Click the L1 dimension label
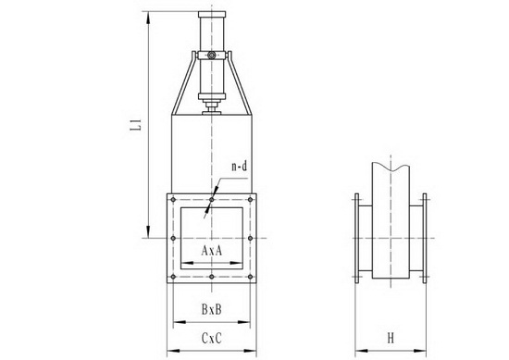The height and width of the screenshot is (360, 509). pos(136,125)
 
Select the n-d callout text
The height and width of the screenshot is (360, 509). pos(240,167)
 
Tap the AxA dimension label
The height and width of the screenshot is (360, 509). pos(212,250)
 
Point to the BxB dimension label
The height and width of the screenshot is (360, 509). pos(212,309)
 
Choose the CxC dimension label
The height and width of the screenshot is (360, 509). pos(212,339)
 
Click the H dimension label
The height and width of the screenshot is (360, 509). pos(391,339)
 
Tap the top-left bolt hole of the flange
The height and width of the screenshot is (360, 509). pos(173,200)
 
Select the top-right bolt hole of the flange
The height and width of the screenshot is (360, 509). pos(250,200)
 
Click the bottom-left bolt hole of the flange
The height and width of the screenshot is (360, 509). pos(173,277)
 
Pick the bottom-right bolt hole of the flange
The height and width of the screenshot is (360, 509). pos(250,277)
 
